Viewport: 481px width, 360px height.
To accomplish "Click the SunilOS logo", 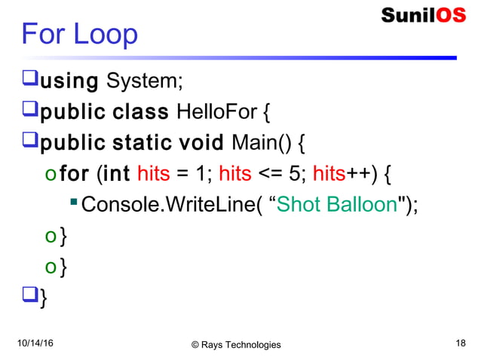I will (x=423, y=16).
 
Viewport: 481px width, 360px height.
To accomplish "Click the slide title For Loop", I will (x=79, y=34).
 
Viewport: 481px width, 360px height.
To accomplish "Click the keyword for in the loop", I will (x=74, y=175).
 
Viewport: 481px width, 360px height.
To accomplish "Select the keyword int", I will (x=116, y=175).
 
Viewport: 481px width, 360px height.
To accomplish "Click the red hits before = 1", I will (x=153, y=175).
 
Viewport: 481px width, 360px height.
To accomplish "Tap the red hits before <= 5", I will (x=234, y=175).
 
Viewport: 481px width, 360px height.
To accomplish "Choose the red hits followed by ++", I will (x=329, y=175).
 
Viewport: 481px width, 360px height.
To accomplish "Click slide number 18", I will (x=461, y=343).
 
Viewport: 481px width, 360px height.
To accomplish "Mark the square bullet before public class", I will (x=30, y=113).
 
